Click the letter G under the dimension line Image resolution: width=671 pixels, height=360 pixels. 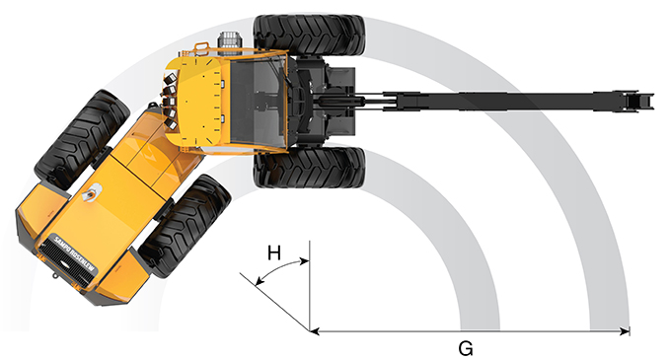click(x=465, y=347)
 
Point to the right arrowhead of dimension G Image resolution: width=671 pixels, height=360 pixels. click(x=625, y=331)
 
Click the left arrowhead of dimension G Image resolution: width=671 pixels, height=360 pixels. click(x=315, y=331)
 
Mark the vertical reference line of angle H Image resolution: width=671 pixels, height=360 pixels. click(x=310, y=286)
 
